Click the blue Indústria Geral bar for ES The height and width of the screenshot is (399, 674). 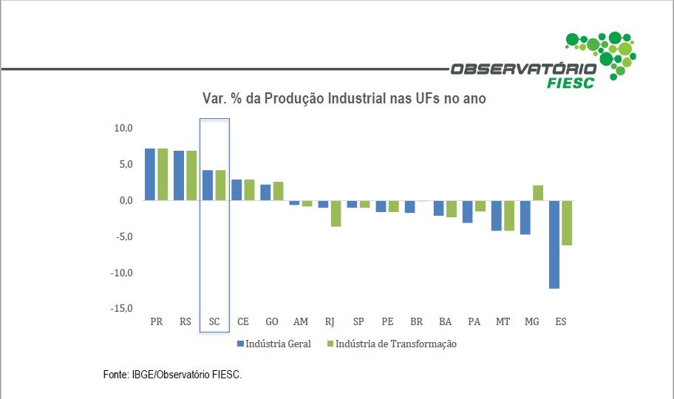[554, 244]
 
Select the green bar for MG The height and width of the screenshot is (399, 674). [537, 193]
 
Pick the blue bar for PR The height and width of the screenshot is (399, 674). [150, 174]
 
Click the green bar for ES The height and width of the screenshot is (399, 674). [567, 222]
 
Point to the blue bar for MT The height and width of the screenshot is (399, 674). [497, 215]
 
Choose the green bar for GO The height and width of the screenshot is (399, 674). [278, 191]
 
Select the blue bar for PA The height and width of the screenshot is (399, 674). [468, 211]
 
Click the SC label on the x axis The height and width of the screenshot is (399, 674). [214, 322]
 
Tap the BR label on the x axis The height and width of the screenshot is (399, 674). [416, 322]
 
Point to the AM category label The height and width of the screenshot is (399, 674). [301, 322]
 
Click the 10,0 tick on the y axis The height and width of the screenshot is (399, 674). [123, 129]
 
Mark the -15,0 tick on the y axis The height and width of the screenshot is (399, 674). [121, 309]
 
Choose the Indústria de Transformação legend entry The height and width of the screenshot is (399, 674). [392, 344]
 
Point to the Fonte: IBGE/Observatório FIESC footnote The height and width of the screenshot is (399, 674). [173, 375]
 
